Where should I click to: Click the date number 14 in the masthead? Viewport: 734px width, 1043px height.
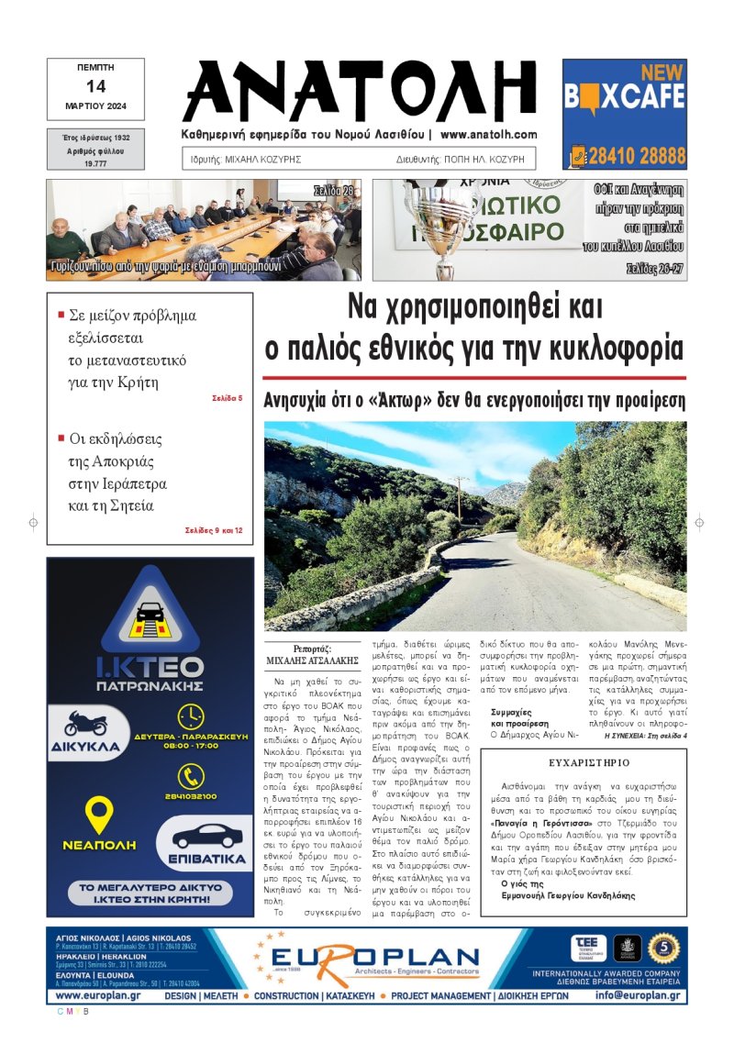pyautogui.click(x=95, y=86)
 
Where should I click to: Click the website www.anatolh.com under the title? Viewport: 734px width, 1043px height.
pyautogui.click(x=488, y=134)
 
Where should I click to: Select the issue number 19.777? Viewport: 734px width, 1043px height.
pyautogui.click(x=95, y=161)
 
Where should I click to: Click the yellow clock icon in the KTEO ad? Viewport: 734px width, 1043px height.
pyautogui.click(x=191, y=716)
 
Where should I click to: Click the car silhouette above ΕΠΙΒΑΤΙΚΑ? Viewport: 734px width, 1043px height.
pyautogui.click(x=207, y=836)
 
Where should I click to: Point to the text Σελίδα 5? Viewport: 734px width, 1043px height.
pyautogui.click(x=227, y=398)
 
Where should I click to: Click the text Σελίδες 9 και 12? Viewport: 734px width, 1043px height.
pyautogui.click(x=213, y=530)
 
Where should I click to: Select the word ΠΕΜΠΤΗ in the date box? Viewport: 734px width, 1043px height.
pyautogui.click(x=95, y=68)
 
